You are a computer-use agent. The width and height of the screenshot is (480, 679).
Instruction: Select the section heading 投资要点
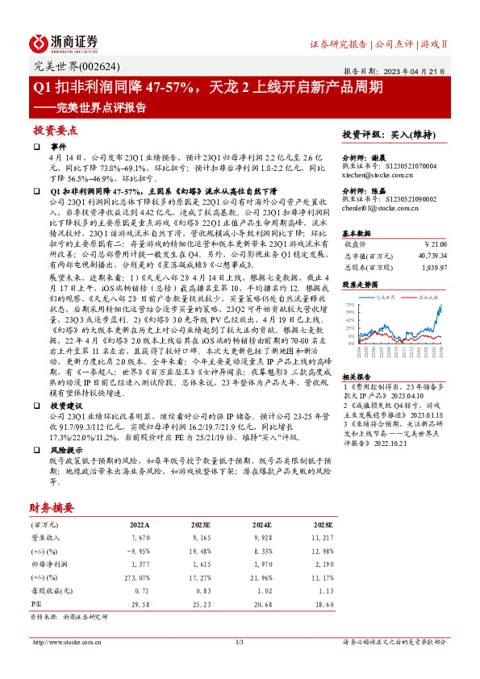[x=54, y=130]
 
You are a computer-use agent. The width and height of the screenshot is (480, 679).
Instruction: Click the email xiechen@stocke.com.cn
[x=378, y=173]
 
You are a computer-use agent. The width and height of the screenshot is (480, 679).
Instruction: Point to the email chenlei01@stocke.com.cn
[x=381, y=208]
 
